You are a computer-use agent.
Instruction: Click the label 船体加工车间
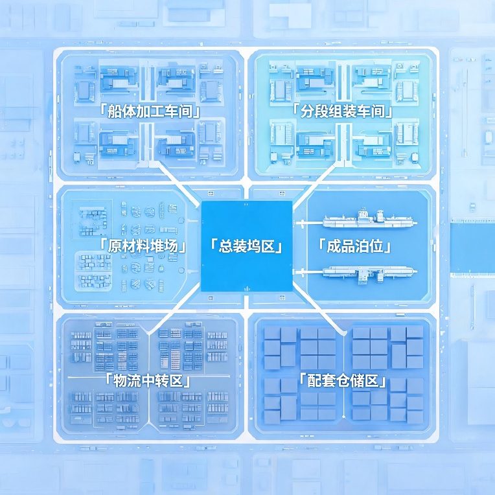[x=150, y=111]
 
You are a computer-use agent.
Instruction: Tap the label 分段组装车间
[x=342, y=111]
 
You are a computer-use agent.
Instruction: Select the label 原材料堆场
[x=143, y=246]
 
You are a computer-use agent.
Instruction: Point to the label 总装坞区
[x=247, y=246]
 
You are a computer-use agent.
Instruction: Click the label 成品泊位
[x=354, y=246]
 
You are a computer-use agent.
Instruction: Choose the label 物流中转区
[x=148, y=380]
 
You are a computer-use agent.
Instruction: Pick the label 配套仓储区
[x=343, y=380]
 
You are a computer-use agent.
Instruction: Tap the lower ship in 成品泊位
[x=370, y=273]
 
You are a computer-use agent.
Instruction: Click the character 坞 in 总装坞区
[x=254, y=246]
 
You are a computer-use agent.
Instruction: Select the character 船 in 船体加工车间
[x=114, y=111]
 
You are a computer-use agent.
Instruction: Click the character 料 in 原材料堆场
[x=143, y=246]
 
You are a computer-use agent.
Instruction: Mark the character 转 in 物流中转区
[x=162, y=380]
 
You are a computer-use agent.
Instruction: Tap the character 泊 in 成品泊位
[x=362, y=246]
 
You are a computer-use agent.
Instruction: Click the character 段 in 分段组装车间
[x=321, y=111]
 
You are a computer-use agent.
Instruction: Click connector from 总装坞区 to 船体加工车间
[x=179, y=183]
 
